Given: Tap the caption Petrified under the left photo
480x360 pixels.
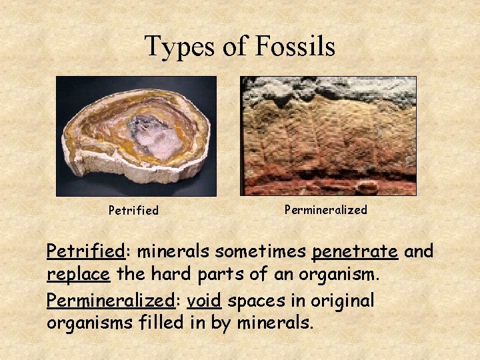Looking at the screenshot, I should click(133, 211).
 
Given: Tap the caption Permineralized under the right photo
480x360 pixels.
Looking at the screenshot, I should click(325, 210).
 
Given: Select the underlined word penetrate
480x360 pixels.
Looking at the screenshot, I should click(355, 252).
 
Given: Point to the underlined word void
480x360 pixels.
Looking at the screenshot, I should click(205, 301).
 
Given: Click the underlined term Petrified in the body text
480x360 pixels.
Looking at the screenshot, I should click(85, 252).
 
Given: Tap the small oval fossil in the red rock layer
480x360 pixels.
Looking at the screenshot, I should click(366, 185).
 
